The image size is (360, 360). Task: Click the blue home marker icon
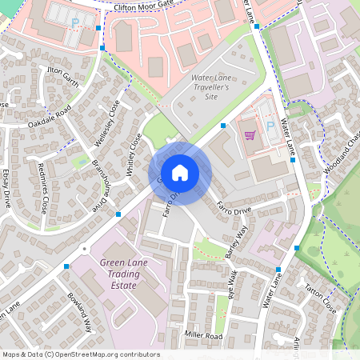[180, 173]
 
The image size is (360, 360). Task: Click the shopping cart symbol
[250, 134]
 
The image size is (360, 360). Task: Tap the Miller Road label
[202, 336]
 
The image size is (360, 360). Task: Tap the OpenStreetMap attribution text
[81, 354]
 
